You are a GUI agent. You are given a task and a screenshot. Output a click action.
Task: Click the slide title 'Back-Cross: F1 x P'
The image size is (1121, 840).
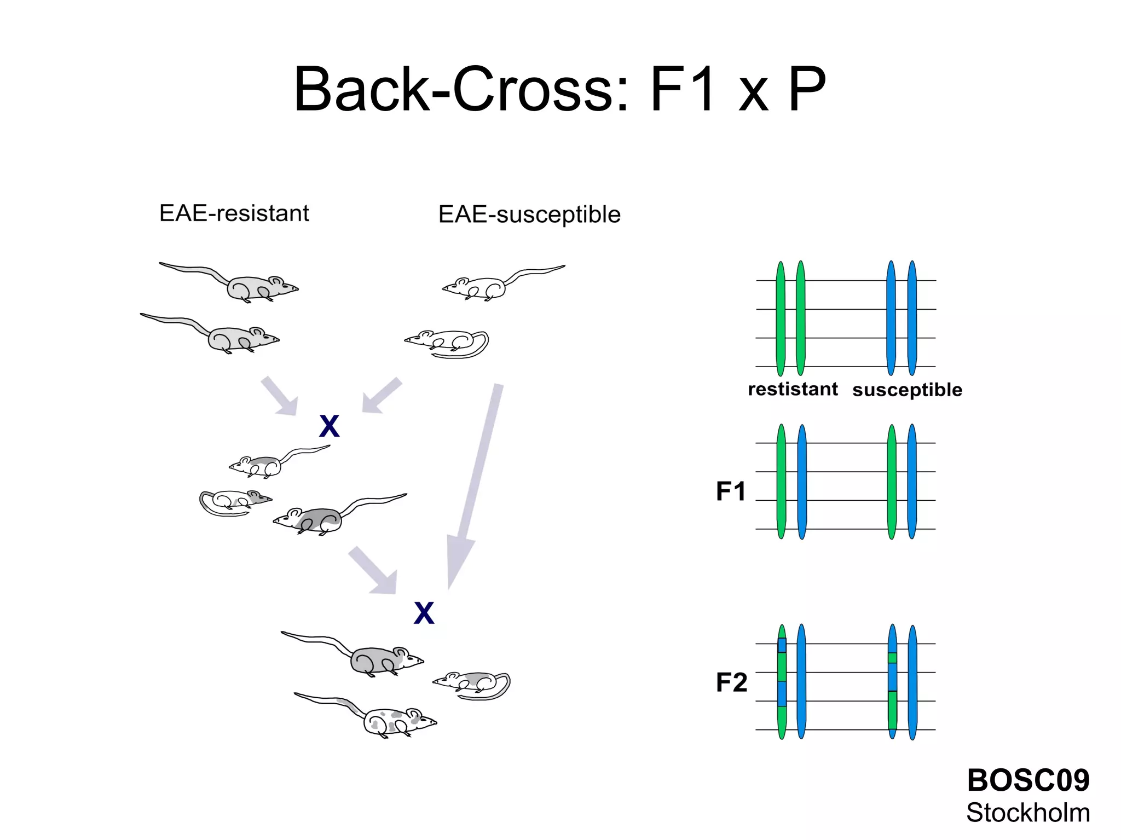[x=559, y=89]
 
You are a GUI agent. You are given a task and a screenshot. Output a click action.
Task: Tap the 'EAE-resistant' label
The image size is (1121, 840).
[x=234, y=213]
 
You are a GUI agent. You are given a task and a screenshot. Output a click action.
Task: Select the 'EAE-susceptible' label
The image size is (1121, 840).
[x=529, y=215]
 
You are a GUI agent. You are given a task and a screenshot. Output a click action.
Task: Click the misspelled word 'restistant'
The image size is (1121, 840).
[x=793, y=389]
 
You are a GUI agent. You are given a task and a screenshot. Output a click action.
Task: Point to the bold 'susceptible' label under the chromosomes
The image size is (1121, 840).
[x=907, y=390]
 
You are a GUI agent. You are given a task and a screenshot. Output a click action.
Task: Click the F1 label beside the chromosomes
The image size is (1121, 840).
[x=731, y=491]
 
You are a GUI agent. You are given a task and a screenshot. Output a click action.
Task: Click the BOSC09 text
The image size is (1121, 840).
[x=1028, y=780]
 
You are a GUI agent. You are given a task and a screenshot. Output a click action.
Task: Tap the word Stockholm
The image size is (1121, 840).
[x=1028, y=813]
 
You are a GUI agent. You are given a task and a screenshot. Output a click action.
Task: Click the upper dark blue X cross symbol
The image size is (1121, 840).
[x=329, y=426]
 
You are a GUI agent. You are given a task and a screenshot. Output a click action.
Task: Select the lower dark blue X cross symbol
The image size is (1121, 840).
[x=424, y=613]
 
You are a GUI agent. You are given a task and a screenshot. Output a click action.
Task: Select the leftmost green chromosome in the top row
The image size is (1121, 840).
[x=781, y=318]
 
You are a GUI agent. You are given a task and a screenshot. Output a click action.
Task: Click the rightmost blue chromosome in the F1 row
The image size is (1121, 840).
[x=912, y=482]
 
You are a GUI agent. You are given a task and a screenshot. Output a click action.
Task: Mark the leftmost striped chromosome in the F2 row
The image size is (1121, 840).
[x=782, y=682]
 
